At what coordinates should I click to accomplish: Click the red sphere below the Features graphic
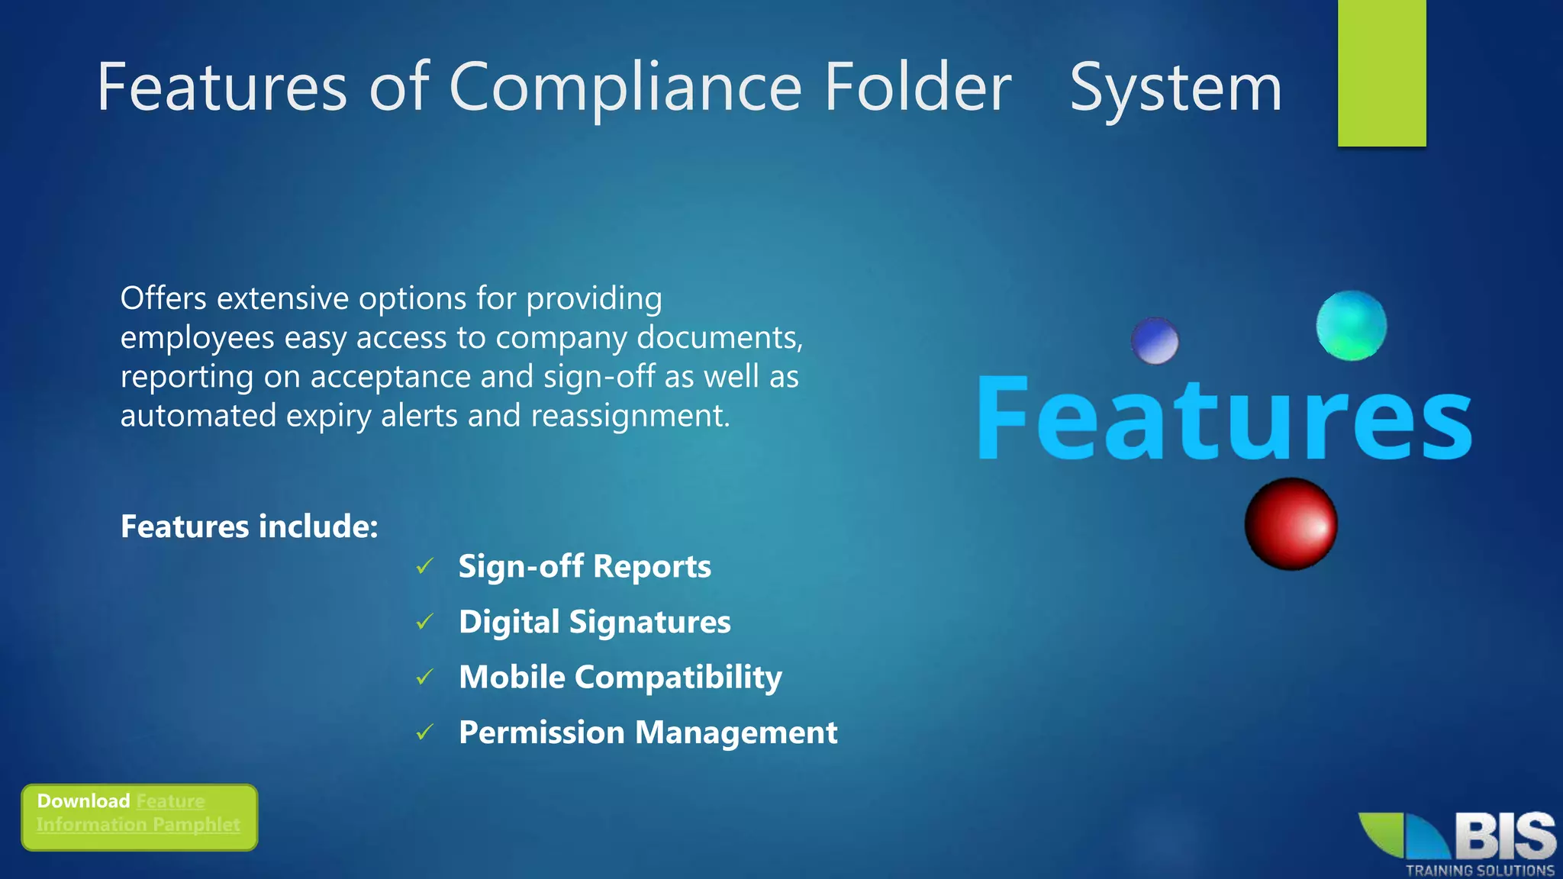click(x=1291, y=524)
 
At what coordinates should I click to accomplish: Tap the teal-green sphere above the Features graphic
click(x=1352, y=326)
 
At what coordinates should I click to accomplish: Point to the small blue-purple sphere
click(x=1155, y=340)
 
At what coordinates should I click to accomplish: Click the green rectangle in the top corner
click(x=1381, y=72)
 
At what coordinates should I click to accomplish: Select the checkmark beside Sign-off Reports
click(x=425, y=566)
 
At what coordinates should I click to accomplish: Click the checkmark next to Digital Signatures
click(x=425, y=622)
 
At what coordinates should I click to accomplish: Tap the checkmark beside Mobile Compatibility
click(x=425, y=677)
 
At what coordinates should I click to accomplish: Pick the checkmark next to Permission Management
click(x=425, y=732)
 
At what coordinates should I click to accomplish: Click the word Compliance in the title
click(x=625, y=88)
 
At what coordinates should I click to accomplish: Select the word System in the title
click(x=1175, y=88)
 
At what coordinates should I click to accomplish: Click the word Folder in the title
click(x=918, y=88)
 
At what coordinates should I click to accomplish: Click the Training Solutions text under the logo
click(x=1480, y=870)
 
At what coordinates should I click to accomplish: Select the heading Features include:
click(x=250, y=526)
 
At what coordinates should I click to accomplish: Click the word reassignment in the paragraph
click(x=630, y=416)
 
